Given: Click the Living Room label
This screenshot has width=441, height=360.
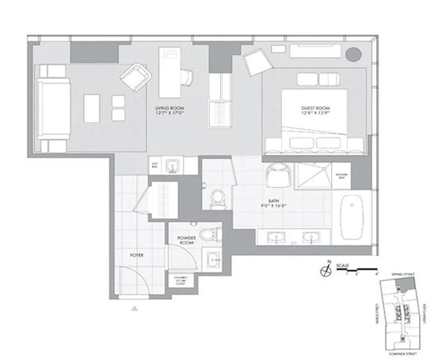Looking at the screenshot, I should click(x=169, y=108).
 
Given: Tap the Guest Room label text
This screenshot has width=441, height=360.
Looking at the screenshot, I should click(x=315, y=108).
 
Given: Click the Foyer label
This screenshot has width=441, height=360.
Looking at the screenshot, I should click(x=136, y=255).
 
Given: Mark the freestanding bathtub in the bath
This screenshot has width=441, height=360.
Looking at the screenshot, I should click(x=352, y=217).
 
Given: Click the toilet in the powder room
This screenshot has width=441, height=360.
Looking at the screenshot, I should click(x=210, y=234).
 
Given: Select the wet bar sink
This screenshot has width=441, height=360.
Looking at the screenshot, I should click(x=172, y=166).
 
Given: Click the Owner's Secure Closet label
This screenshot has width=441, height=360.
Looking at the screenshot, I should click(x=180, y=281).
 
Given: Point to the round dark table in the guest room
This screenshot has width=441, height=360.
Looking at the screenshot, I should click(x=353, y=54).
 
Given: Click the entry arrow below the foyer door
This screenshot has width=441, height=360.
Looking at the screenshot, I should click(x=134, y=308).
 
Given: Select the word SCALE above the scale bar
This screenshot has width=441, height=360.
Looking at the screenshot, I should click(x=342, y=265).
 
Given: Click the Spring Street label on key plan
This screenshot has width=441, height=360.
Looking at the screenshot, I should click(x=404, y=274).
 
